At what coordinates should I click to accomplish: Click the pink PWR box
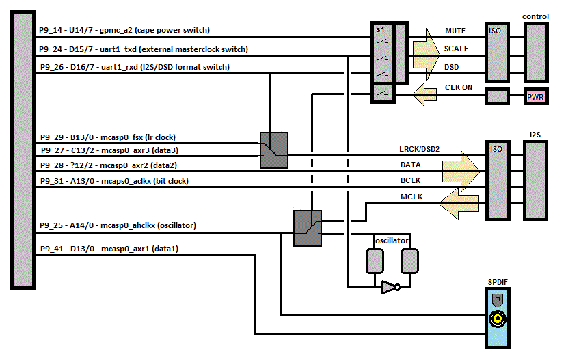point(535,96)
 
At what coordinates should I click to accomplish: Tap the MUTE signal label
point(455,31)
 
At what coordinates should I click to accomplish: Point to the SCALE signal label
point(456,49)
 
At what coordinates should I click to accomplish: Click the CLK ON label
point(459,87)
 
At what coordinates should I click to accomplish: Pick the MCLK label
point(412,197)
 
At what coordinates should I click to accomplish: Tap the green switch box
point(274,150)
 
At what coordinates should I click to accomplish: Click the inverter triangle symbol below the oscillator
point(389,288)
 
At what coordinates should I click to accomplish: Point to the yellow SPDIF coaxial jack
point(497,318)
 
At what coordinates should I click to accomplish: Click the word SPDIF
point(497,281)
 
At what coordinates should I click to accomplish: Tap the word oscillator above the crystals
point(392,241)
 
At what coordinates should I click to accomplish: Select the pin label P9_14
point(51,31)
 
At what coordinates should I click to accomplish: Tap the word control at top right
point(535,16)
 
